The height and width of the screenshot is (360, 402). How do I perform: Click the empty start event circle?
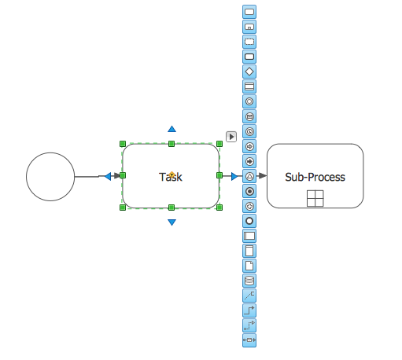point(51,176)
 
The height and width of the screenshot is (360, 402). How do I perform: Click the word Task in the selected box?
point(171,177)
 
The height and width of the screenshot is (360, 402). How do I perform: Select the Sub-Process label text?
point(315,177)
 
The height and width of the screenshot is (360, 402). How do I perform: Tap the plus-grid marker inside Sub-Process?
point(315,199)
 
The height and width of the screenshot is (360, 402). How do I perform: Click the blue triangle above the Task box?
point(171,128)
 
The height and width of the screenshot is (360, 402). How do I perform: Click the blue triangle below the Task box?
point(171,222)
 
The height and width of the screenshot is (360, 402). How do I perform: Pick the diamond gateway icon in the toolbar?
point(249,71)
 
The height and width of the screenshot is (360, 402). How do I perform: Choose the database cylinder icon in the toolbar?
point(249,281)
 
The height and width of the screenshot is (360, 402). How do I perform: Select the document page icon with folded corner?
point(249,266)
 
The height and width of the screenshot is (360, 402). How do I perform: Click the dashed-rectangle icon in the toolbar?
point(249,41)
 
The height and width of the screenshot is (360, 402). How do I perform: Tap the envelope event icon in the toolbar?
point(249,116)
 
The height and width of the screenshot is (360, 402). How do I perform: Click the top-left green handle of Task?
point(123,144)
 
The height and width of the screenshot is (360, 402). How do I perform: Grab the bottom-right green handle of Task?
point(219,208)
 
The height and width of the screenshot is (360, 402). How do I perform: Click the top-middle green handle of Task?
point(171,144)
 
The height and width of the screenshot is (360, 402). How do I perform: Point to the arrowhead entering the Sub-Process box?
point(262,176)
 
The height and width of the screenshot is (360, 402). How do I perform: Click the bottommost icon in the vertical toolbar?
point(249,340)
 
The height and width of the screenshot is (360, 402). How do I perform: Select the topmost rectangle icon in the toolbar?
point(249,12)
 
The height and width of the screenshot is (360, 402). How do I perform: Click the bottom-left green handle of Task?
point(123,208)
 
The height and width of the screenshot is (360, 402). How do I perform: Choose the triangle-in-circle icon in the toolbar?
point(249,176)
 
